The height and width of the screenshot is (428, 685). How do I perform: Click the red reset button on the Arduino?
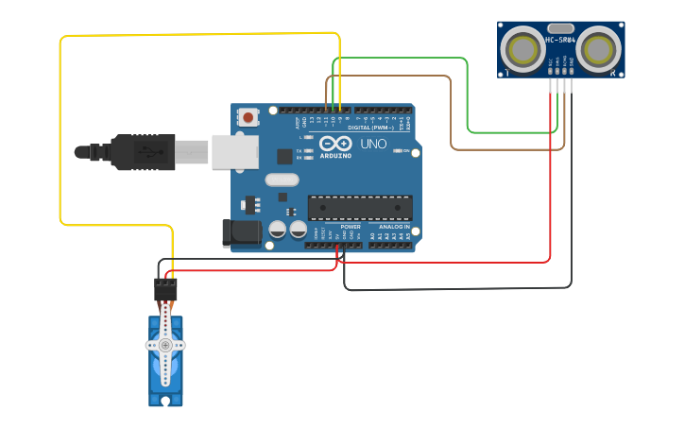pyautogui.click(x=248, y=117)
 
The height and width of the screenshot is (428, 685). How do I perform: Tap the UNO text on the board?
pyautogui.click(x=373, y=145)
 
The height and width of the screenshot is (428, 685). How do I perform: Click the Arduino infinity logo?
pyautogui.click(x=335, y=144)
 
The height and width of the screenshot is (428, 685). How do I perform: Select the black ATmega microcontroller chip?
pyautogui.click(x=360, y=208)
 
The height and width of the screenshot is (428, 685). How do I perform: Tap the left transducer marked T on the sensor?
pyautogui.click(x=521, y=46)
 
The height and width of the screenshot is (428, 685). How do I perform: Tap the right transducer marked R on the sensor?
pyautogui.click(x=600, y=46)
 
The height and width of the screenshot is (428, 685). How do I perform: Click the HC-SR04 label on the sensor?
pyautogui.click(x=560, y=40)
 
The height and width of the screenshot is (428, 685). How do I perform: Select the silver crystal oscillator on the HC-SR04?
pyautogui.click(x=560, y=28)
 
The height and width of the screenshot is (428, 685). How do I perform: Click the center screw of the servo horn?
pyautogui.click(x=165, y=345)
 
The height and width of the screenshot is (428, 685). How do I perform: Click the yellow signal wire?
pyautogui.click(x=60, y=132)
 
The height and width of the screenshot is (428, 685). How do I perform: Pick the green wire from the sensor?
pyautogui.click(x=468, y=94)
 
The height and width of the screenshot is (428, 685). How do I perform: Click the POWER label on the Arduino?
pyautogui.click(x=350, y=227)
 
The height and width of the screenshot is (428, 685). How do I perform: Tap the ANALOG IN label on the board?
pyautogui.click(x=394, y=227)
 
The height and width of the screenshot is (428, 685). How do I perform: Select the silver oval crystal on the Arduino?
pyautogui.click(x=282, y=180)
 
